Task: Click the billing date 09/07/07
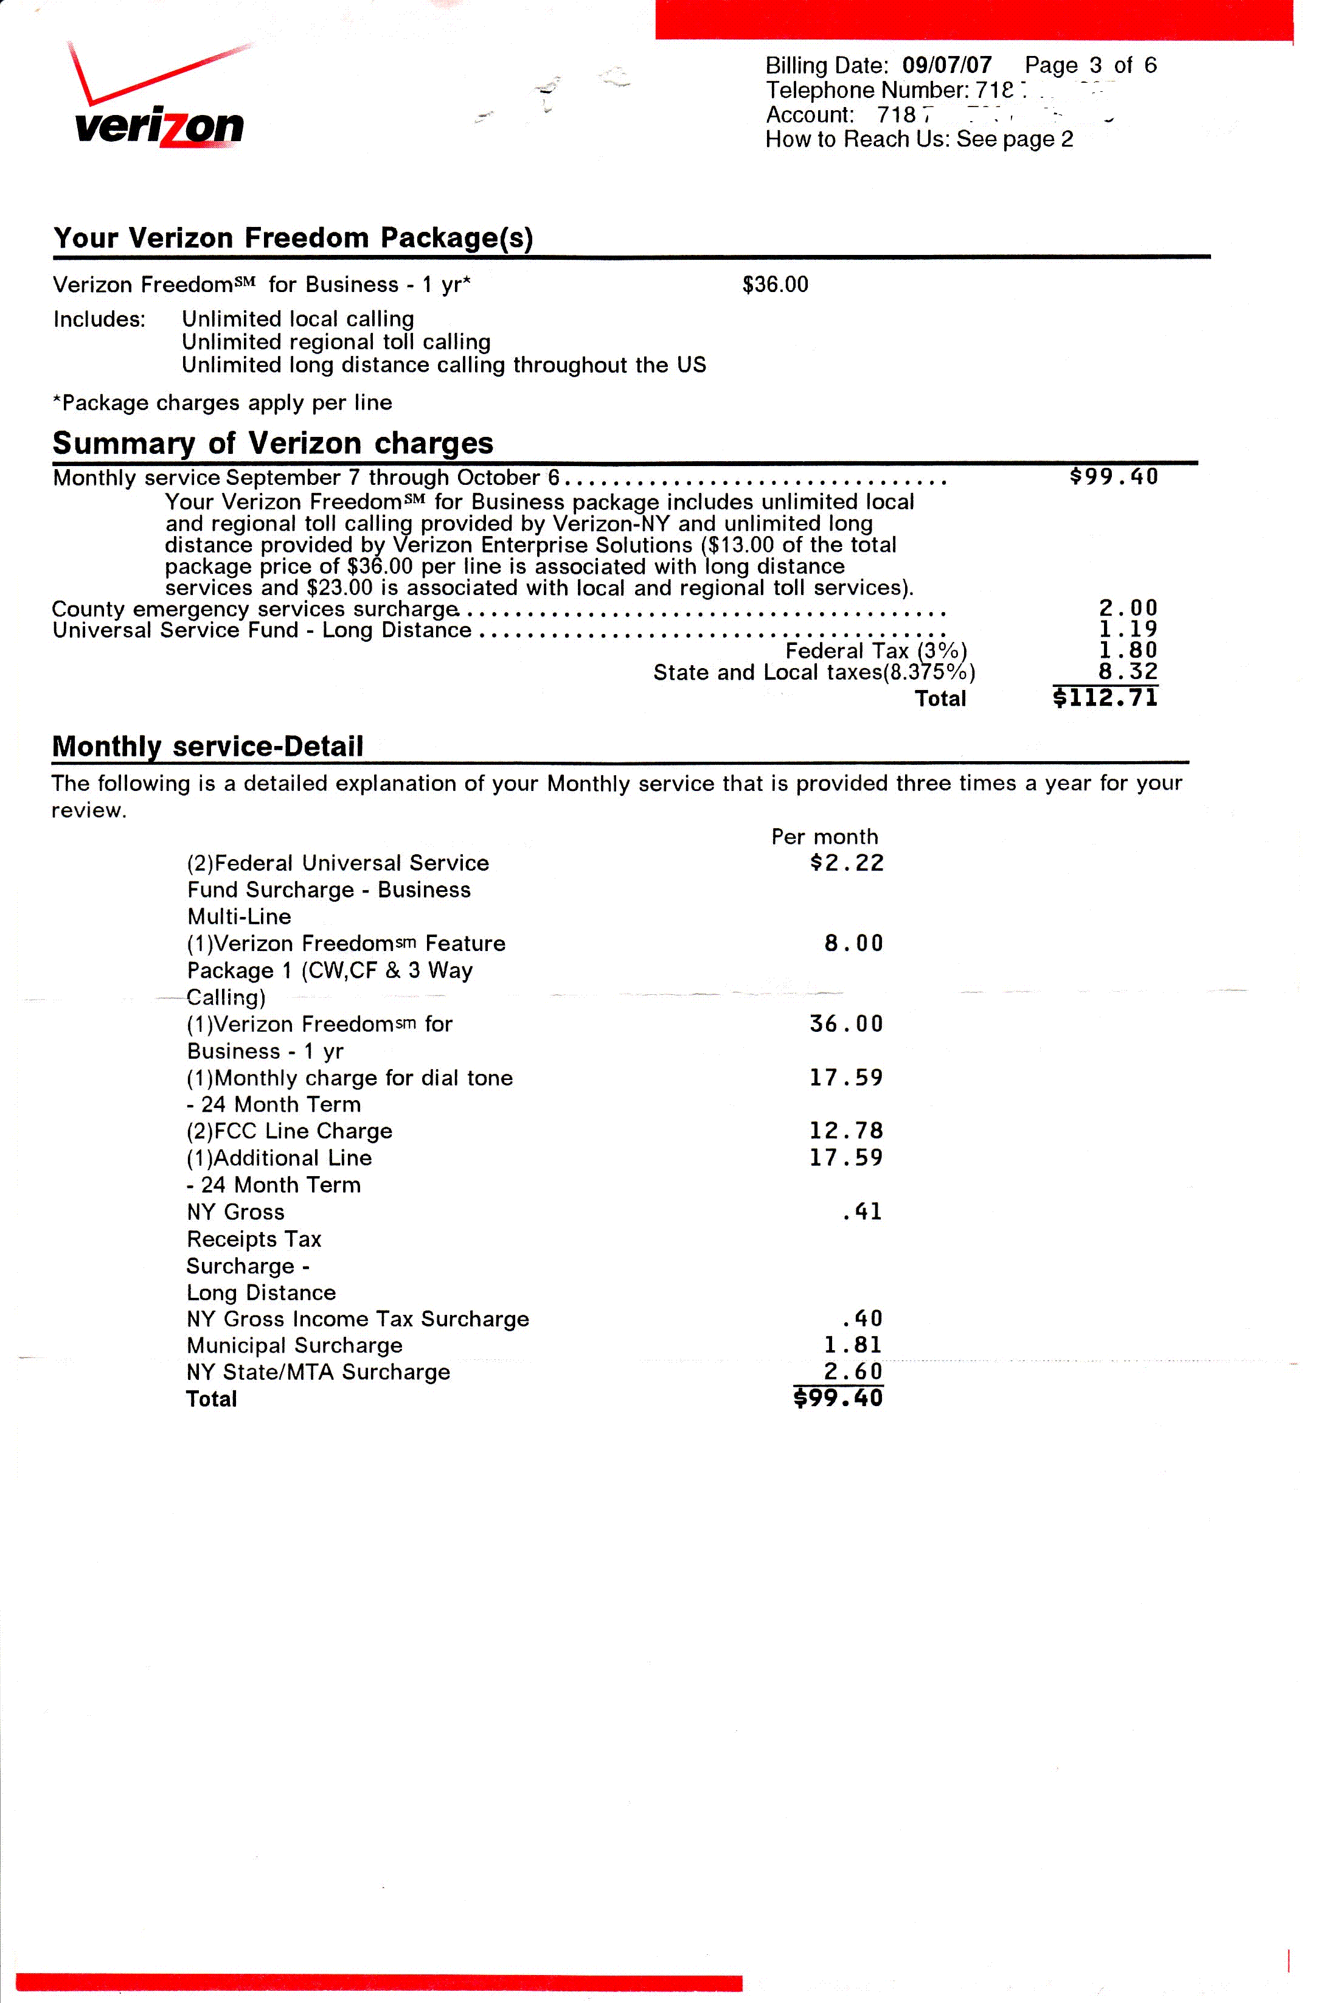click(946, 65)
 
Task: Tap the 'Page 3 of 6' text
click(1090, 65)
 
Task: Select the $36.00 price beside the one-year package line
click(775, 284)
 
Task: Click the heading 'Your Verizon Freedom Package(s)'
click(293, 238)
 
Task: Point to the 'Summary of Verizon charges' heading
click(272, 442)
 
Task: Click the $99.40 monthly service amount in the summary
click(1113, 477)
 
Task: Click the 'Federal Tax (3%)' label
click(876, 650)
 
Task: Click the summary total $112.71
click(1105, 698)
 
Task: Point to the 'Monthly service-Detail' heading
click(207, 746)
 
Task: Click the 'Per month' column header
click(825, 837)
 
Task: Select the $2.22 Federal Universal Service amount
click(847, 863)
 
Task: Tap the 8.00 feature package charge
click(853, 943)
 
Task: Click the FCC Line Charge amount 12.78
click(845, 1131)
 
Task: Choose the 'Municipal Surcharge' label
click(294, 1345)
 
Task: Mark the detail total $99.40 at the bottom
click(838, 1398)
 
